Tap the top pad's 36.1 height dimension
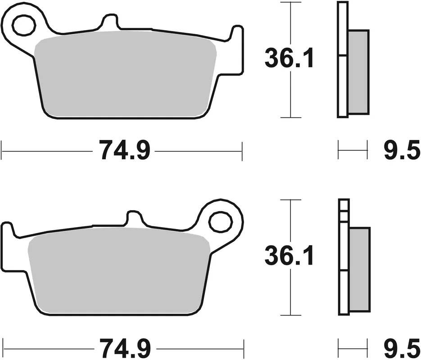pyautogui.click(x=289, y=59)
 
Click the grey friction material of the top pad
pyautogui.click(x=126, y=76)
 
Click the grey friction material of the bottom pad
pyautogui.click(x=119, y=272)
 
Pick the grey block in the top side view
pyautogui.click(x=358, y=72)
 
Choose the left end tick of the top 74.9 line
pyautogui.click(x=2, y=150)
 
